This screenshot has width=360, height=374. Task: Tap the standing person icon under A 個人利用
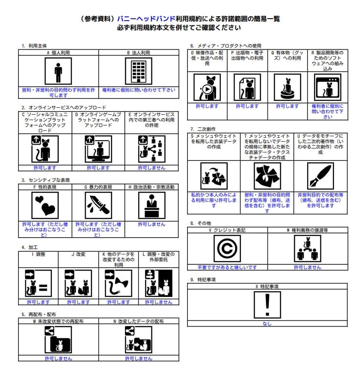pyautogui.click(x=58, y=72)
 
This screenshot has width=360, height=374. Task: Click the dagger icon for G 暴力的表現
pyautogui.click(x=98, y=205)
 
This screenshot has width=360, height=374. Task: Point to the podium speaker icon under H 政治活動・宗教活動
pyautogui.click(x=152, y=205)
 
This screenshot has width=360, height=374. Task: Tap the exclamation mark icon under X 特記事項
pyautogui.click(x=267, y=305)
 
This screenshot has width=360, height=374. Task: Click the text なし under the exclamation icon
pyautogui.click(x=267, y=324)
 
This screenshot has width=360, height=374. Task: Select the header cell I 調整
pyautogui.click(x=38, y=254)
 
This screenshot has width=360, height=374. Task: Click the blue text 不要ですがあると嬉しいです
pyautogui.click(x=227, y=267)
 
